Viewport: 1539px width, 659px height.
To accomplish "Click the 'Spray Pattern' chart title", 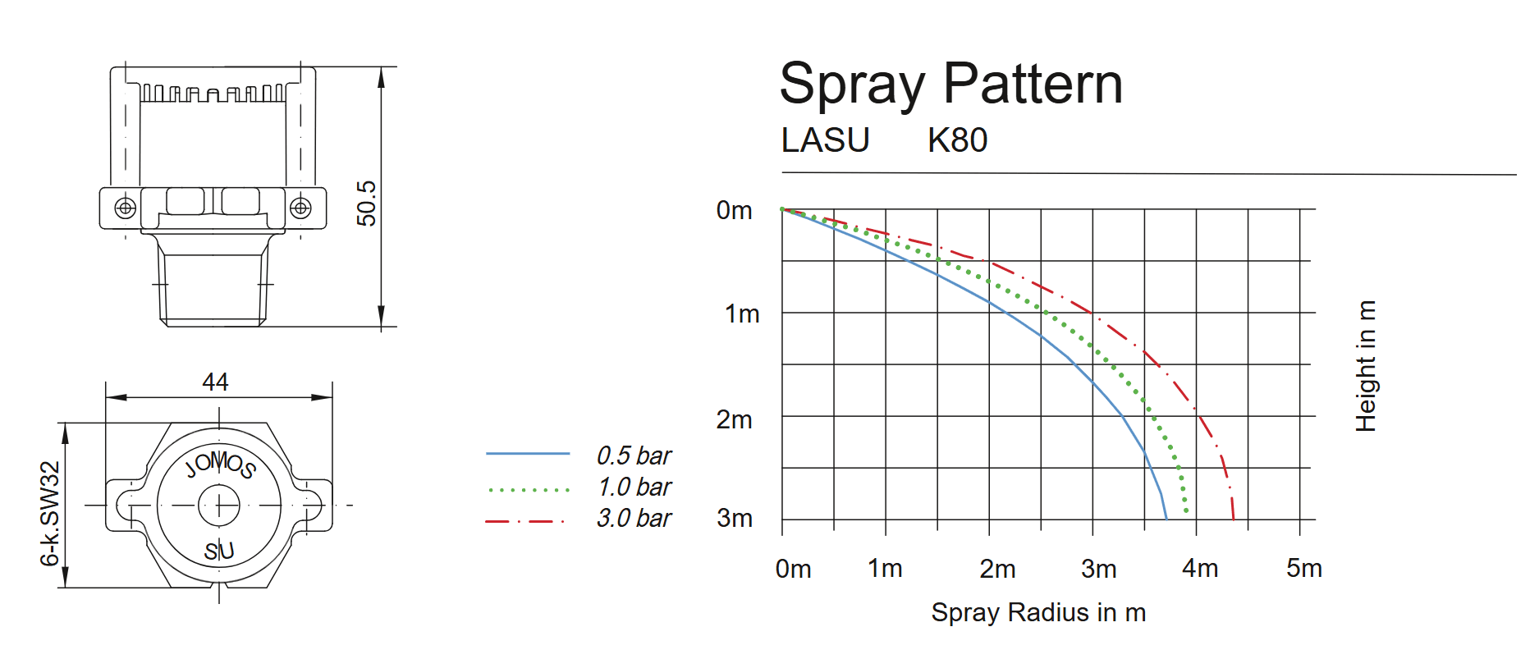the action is (950, 85).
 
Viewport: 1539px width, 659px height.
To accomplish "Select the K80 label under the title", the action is (957, 140).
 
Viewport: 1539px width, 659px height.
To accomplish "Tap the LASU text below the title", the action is (825, 140).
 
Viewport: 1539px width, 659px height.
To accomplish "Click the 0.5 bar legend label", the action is (634, 455).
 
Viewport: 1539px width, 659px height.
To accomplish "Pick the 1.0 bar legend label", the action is (634, 487).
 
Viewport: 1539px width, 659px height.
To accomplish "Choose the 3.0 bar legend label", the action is (634, 518).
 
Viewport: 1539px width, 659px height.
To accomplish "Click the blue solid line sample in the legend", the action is (528, 453).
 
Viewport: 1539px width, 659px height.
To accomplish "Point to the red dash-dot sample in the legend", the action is (525, 521).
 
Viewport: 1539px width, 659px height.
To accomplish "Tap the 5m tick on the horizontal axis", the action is (1303, 568).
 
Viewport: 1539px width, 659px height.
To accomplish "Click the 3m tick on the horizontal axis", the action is (1098, 568).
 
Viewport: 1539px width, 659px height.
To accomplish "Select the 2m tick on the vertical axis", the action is (734, 419).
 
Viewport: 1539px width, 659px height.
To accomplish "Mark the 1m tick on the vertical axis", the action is (742, 313).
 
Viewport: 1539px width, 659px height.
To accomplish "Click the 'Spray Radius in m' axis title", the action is (1038, 612).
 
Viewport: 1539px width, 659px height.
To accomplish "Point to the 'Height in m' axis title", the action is (1365, 366).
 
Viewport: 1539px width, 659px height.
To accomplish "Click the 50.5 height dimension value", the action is (366, 203).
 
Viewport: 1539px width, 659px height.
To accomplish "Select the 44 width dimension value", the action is (215, 382).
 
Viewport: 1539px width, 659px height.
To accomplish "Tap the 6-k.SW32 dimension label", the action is (49, 514).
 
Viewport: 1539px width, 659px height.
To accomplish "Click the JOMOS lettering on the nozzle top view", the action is (220, 464).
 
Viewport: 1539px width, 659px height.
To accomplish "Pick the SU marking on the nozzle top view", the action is (219, 551).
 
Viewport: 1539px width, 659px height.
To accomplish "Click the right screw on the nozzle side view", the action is (300, 208).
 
